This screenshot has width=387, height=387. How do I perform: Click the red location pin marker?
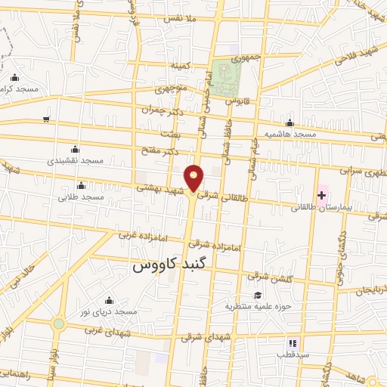coord(195,178)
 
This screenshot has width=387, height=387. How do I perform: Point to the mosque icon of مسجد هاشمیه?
coord(289,123)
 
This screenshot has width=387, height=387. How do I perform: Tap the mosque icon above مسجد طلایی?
coord(81,186)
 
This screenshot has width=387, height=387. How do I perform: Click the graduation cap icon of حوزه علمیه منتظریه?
coord(258,295)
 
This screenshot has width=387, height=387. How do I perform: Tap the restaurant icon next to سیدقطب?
coord(293,344)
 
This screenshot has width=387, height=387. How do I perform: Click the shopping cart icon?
coord(47,119)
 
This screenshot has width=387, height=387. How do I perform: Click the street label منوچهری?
coord(171,88)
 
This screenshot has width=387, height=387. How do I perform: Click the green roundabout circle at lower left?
coord(58,324)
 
